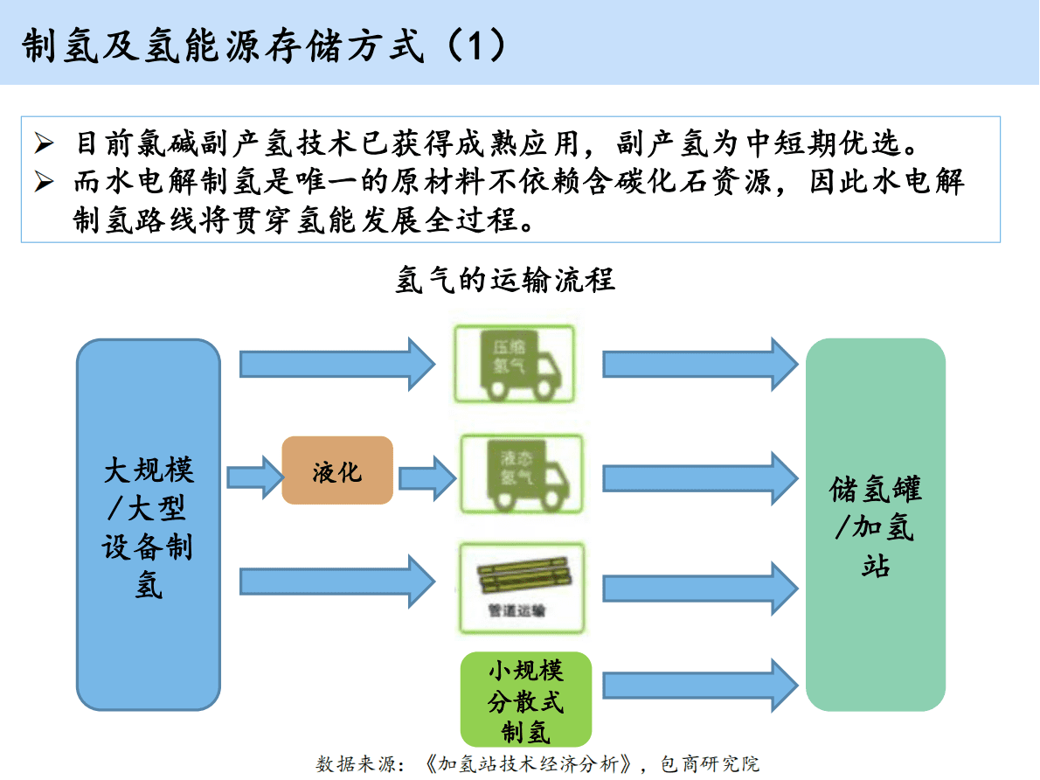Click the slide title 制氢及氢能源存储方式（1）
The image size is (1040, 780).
[x=263, y=45]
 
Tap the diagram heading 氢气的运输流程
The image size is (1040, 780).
[x=505, y=280]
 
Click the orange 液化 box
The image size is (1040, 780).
[x=337, y=471]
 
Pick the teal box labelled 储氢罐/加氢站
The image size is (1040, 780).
[x=875, y=524]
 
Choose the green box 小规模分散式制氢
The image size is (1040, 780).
[x=525, y=700]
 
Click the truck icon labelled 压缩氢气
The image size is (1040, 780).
[x=514, y=364]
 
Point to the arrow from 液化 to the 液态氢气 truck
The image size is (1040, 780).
[x=427, y=477]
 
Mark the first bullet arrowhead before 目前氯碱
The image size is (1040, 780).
[x=44, y=143]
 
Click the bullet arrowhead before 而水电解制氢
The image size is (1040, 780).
[x=44, y=182]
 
